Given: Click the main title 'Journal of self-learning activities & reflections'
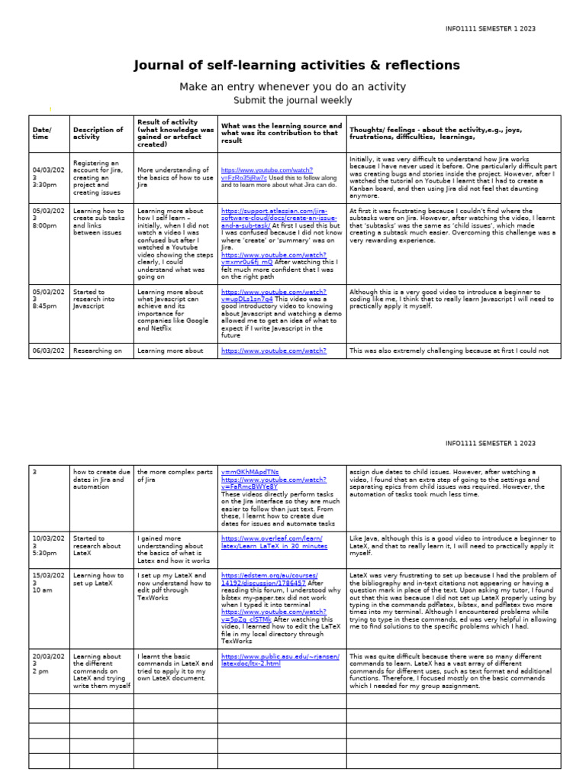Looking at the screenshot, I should [x=297, y=66].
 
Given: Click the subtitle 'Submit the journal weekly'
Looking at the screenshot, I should [x=292, y=100].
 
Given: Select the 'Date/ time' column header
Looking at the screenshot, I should [x=43, y=134].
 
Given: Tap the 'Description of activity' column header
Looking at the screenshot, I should [x=98, y=134].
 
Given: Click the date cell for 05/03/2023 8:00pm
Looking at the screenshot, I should [x=43, y=215].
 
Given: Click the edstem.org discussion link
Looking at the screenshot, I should [x=269, y=578].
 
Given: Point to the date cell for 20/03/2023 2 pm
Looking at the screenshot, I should [x=43, y=664].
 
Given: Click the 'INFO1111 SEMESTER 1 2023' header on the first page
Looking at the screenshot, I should [x=491, y=29].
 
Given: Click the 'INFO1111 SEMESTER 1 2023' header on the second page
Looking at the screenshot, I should [x=491, y=443].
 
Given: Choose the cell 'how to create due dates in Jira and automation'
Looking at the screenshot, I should [x=101, y=480].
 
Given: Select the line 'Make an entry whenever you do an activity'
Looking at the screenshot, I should [x=292, y=87].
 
